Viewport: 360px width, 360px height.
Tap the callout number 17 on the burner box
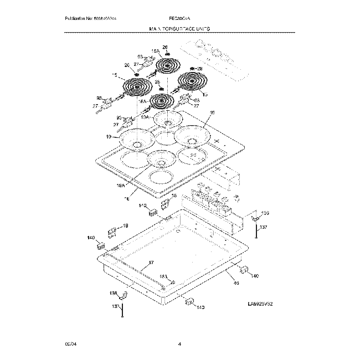pyautogui.click(x=151, y=263)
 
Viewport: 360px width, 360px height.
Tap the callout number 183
pyautogui.click(x=163, y=276)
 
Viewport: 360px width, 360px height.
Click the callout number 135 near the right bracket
pyautogui.click(x=265, y=213)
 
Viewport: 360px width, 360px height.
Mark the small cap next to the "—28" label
pyautogui.click(x=193, y=69)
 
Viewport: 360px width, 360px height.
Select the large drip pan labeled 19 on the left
pyautogui.click(x=135, y=138)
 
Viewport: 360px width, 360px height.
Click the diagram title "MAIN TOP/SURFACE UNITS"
pyautogui.click(x=180, y=27)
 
